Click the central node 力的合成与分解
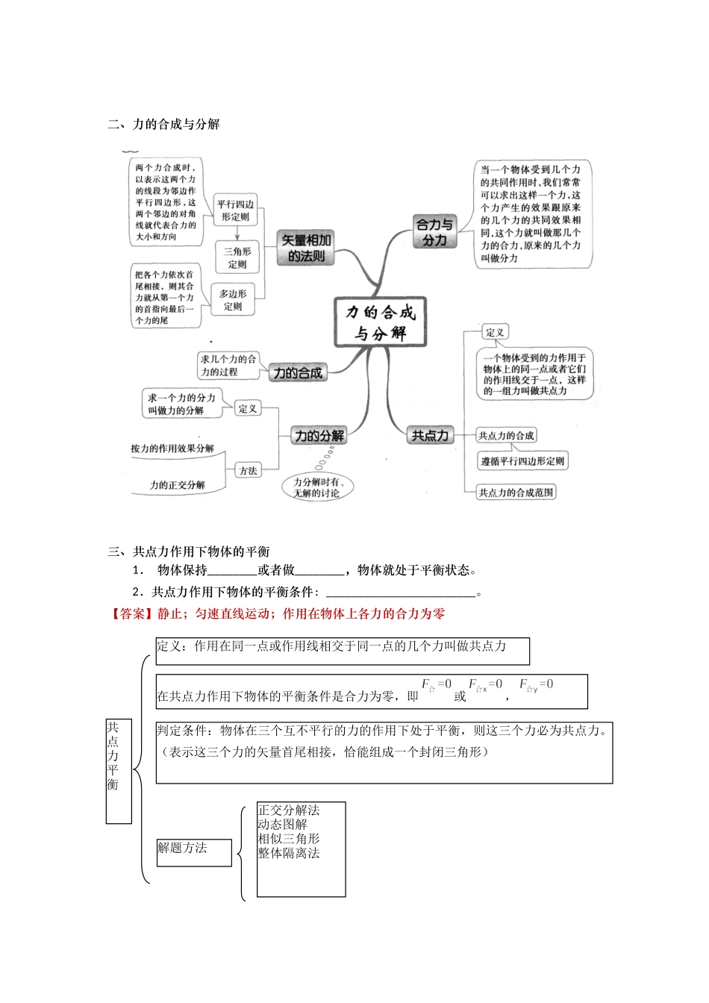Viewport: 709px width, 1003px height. [x=380, y=322]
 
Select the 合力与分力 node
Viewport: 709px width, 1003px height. [x=434, y=232]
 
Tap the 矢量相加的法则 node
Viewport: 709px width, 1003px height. [x=306, y=248]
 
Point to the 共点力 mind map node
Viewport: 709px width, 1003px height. [x=430, y=436]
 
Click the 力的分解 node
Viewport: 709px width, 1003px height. [x=319, y=436]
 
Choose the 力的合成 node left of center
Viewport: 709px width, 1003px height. [x=298, y=372]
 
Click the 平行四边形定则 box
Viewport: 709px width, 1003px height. [x=235, y=210]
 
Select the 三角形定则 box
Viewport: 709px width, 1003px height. [x=237, y=257]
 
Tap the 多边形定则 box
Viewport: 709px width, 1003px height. [x=233, y=300]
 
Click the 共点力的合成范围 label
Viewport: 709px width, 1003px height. [x=516, y=493]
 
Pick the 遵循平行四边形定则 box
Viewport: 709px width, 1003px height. [x=522, y=461]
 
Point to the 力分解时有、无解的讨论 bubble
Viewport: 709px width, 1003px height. [x=316, y=487]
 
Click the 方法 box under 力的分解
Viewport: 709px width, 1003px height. [x=248, y=471]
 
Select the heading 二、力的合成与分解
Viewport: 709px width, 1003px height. [x=163, y=125]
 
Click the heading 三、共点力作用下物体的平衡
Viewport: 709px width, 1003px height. [x=188, y=552]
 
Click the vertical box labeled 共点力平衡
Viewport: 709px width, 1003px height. [x=118, y=770]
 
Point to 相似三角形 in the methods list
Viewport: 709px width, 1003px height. [x=288, y=839]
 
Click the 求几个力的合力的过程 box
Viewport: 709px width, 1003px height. [x=228, y=366]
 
